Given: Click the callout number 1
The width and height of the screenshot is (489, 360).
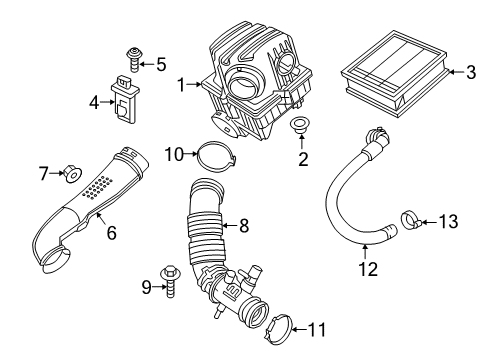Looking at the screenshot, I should tap(182, 86).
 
